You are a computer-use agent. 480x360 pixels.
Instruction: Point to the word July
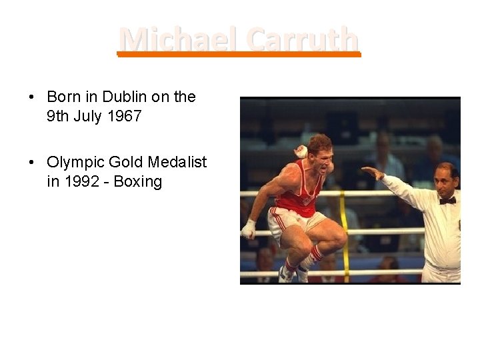[x=86, y=117]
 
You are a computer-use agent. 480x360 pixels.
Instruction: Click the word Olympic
[x=74, y=162]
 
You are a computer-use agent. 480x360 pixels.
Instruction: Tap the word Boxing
[x=138, y=181]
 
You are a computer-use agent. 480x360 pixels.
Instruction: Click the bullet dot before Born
[x=31, y=97]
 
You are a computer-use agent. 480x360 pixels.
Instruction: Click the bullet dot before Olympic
[x=31, y=162]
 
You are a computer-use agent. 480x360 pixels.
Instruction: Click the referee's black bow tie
[x=447, y=200]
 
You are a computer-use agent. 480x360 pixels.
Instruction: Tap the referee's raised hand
[x=371, y=173]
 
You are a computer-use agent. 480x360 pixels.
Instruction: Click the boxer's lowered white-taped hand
[x=248, y=229]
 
